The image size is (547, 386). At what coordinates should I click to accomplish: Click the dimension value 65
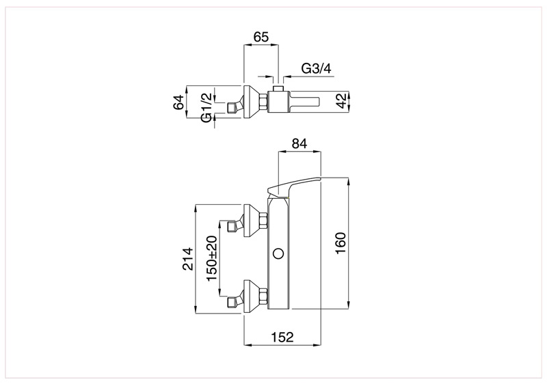(x=261, y=36)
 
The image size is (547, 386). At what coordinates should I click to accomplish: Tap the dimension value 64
(x=178, y=102)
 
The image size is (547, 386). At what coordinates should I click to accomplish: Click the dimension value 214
(x=190, y=258)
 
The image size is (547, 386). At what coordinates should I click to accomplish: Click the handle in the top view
(x=304, y=102)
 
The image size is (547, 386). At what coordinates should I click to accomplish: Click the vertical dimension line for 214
(x=196, y=258)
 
